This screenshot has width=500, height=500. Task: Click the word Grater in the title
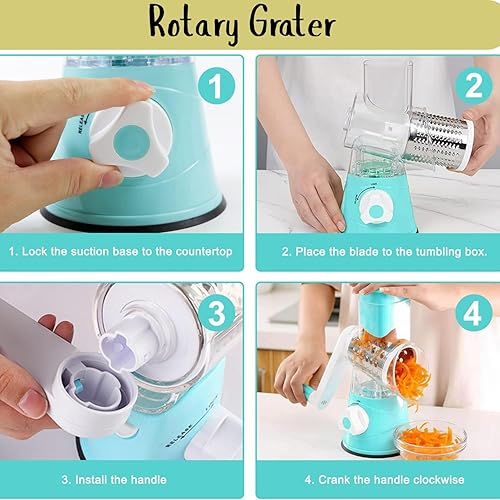tap(299, 23)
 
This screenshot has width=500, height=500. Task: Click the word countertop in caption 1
tap(197, 252)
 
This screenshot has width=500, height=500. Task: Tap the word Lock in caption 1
tap(45, 252)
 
